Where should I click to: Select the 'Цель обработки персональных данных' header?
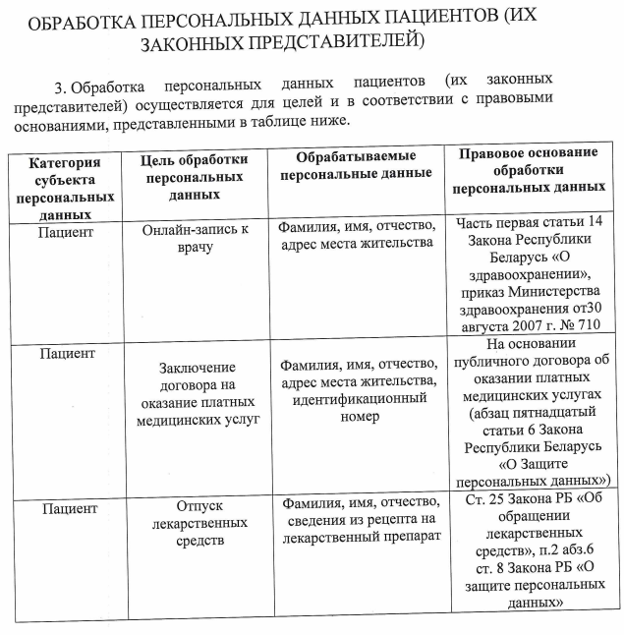pos(194,177)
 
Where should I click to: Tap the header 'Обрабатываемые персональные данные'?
pos(356,165)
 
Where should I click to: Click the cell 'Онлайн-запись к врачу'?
pos(197,237)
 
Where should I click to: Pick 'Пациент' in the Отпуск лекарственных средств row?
pos(69,509)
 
